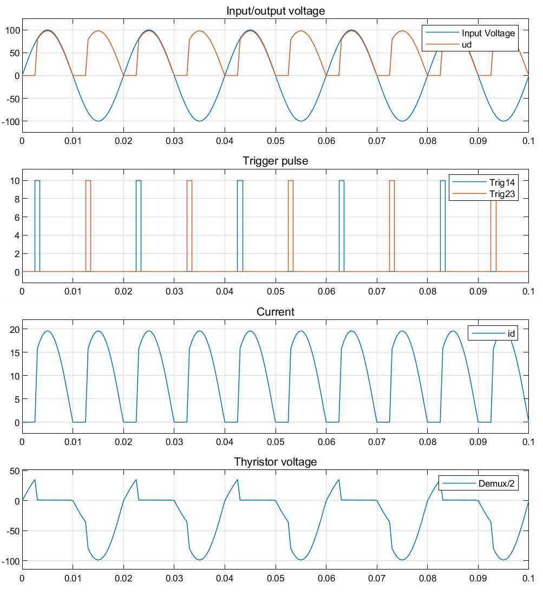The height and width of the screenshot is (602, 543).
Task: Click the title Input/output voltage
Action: click(275, 11)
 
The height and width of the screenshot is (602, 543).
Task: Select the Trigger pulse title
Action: click(275, 161)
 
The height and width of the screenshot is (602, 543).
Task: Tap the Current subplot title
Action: click(275, 312)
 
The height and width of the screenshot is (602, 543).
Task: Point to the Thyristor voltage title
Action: click(275, 462)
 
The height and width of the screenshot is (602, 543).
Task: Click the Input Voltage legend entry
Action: click(488, 33)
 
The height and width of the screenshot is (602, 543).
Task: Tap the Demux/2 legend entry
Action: click(490, 483)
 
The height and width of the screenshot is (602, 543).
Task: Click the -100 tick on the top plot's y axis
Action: click(11, 121)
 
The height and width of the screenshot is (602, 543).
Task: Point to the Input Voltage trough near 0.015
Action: click(98, 121)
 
